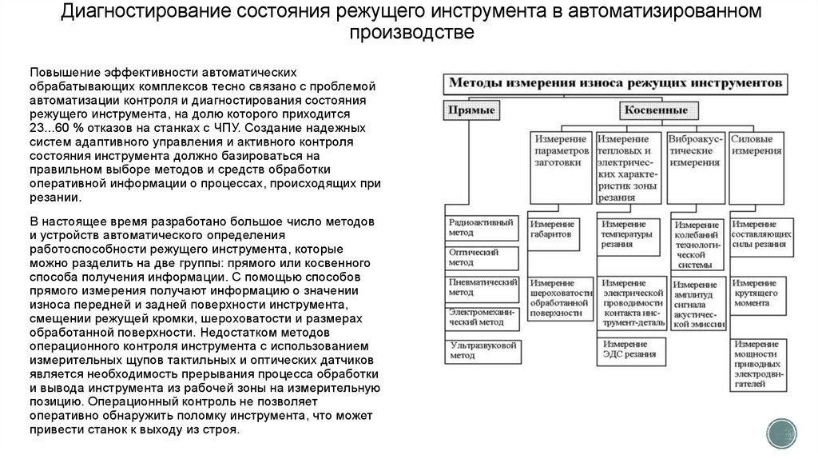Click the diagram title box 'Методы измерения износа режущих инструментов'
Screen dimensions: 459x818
pyautogui.click(x=616, y=82)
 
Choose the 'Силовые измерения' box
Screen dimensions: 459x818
pyautogui.click(x=756, y=145)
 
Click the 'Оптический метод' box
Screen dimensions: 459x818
pyautogui.click(x=482, y=257)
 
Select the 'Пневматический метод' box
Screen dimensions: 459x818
pyautogui.click(x=482, y=287)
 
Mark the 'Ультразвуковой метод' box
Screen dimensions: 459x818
pyautogui.click(x=482, y=349)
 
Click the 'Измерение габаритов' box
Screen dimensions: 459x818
pyautogui.click(x=560, y=230)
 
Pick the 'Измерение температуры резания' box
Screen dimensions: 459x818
pyautogui.click(x=629, y=236)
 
